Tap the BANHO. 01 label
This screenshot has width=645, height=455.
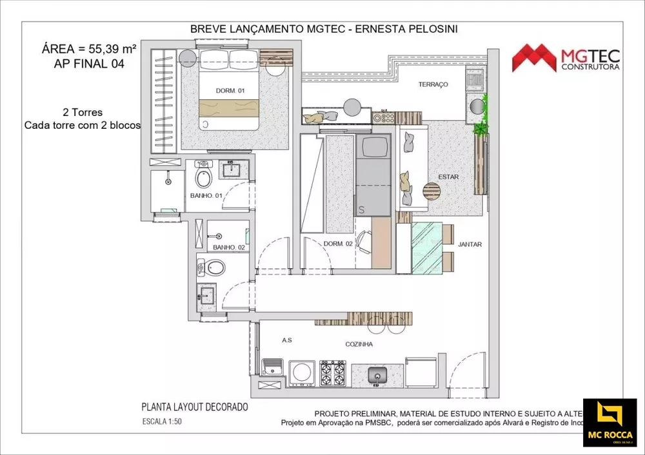[206, 195]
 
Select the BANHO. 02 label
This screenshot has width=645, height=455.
[228, 247]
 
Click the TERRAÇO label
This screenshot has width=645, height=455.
[433, 85]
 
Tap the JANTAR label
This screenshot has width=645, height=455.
[470, 244]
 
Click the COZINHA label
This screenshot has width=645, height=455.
[359, 344]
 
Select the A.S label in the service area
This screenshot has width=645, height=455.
[288, 340]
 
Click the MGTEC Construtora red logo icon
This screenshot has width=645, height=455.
[534, 58]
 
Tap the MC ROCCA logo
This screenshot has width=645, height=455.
[610, 423]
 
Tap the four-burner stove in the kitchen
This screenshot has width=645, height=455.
[333, 373]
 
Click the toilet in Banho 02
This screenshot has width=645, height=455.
[215, 267]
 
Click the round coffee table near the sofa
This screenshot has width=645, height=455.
[430, 191]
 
